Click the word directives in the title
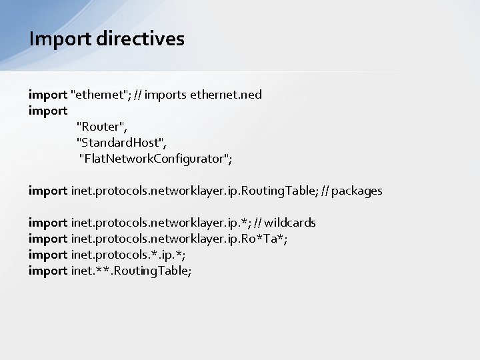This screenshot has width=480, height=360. pos(140,39)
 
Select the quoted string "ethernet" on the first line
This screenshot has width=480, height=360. pos(99,95)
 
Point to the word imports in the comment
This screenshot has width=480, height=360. pos(165,95)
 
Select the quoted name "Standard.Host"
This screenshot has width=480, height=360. pos(122,143)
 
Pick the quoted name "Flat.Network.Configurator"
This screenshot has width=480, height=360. pos(155,159)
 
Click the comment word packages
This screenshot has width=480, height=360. pos(357,191)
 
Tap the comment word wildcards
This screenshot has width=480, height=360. pos(290,223)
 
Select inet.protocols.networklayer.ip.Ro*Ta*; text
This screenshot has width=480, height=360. pos(179,239)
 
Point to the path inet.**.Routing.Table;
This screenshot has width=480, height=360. pos(131,271)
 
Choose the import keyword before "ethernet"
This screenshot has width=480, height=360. pos(48,95)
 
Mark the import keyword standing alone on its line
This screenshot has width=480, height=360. pos(48,111)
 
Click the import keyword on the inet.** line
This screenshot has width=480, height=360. pos(48,271)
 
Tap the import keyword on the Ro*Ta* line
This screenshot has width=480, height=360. pos(48,239)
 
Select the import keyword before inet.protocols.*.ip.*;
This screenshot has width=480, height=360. pos(48,255)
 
